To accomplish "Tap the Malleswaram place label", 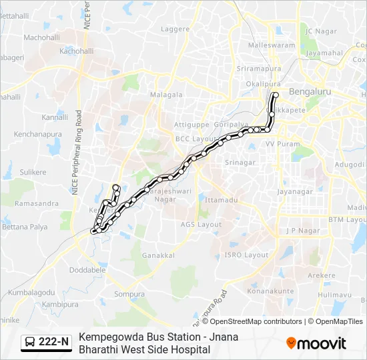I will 271,45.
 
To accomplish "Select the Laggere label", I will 175,29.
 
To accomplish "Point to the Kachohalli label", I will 76,51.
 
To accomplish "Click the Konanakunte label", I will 270,291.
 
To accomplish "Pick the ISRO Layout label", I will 246,255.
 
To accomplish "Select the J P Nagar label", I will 300,231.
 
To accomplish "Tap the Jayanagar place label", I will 295,191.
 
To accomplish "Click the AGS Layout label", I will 201,225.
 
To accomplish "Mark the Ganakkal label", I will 159,255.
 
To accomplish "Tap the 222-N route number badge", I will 46,342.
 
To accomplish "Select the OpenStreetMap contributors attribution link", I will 256,321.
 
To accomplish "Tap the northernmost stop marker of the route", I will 275,95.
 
